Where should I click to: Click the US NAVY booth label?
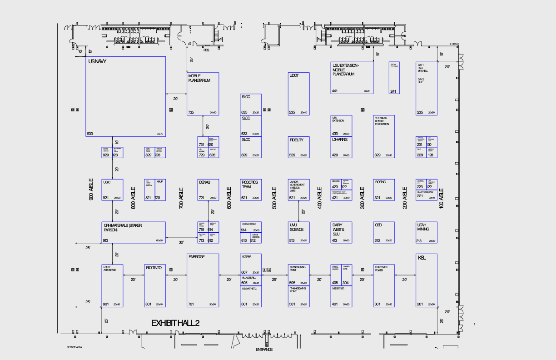(97, 61)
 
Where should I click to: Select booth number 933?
(90, 134)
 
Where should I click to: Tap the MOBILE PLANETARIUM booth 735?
(203, 94)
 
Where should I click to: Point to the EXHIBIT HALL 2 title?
(175, 323)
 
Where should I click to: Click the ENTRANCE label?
(264, 350)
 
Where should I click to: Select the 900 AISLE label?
(91, 189)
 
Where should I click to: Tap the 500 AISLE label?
(274, 198)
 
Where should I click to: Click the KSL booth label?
(422, 258)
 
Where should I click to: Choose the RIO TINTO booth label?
(153, 267)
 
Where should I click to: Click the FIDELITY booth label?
(296, 140)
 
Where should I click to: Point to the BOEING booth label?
(380, 182)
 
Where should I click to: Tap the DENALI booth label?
(204, 182)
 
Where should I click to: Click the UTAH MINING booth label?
(423, 227)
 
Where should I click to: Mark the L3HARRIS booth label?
(339, 140)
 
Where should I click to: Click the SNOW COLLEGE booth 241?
(394, 78)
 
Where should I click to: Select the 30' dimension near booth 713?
(181, 242)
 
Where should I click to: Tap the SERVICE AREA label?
(74, 347)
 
